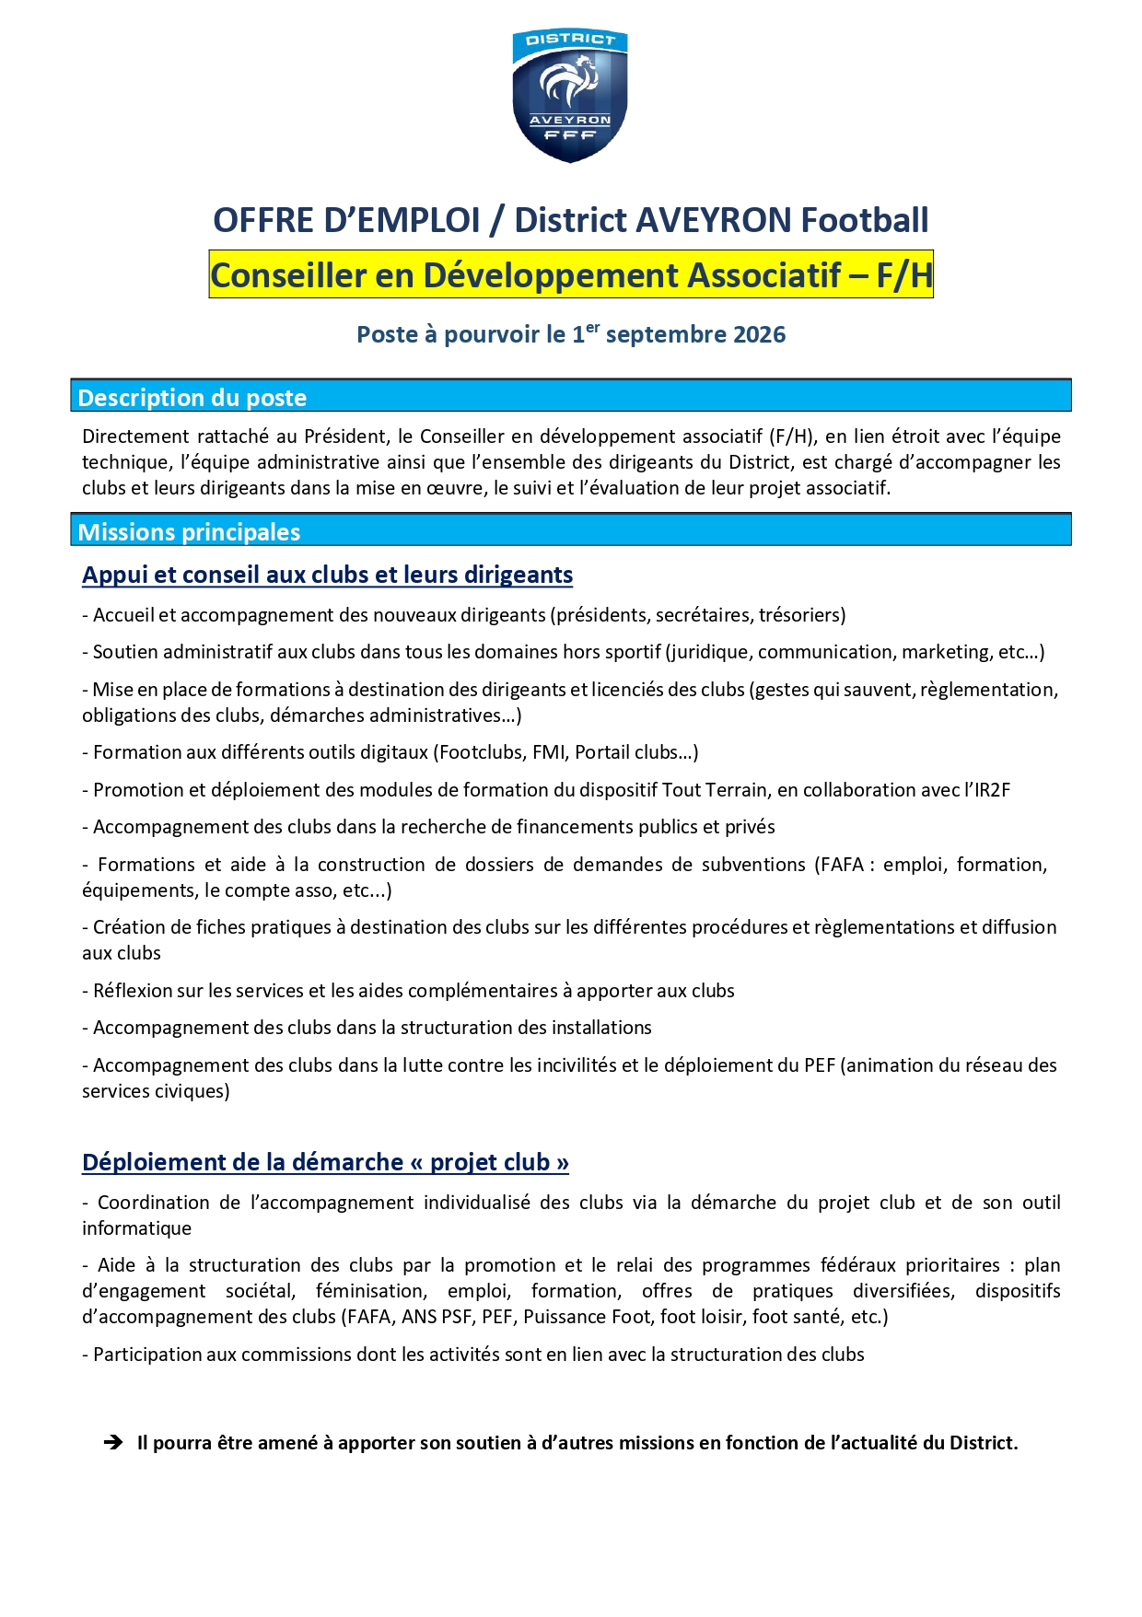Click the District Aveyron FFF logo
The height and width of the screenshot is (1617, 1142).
570,95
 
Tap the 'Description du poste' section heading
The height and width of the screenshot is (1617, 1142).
192,398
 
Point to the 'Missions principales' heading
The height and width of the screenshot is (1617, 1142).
189,532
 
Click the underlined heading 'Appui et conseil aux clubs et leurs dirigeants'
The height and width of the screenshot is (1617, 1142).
327,575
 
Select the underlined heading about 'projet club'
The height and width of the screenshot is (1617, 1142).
325,1162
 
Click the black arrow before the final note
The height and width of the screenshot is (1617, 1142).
113,1443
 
